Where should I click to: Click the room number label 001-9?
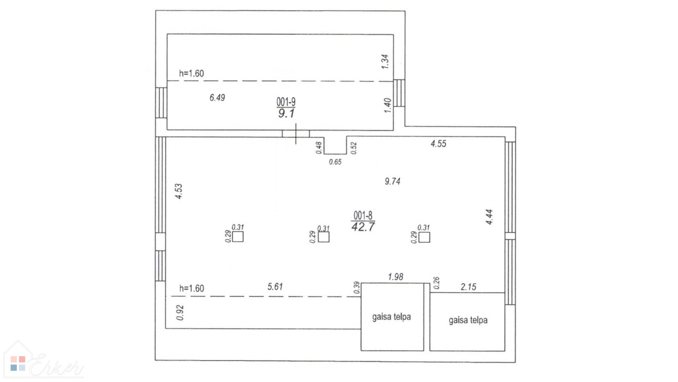286,102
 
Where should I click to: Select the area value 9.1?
286,114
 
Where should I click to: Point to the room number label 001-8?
363,215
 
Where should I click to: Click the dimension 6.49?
217,97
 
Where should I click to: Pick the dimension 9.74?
392,181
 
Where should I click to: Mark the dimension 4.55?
438,144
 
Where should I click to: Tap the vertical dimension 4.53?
179,191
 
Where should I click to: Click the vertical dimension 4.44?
489,217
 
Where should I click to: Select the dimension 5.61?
275,286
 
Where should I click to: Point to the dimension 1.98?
395,277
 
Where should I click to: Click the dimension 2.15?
468,287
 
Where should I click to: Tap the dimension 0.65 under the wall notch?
335,162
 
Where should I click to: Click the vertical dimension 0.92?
180,313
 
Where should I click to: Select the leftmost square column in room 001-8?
238,237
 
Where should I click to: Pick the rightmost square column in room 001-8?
424,237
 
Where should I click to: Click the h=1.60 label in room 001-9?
191,74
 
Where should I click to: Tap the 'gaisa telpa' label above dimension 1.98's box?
392,317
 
